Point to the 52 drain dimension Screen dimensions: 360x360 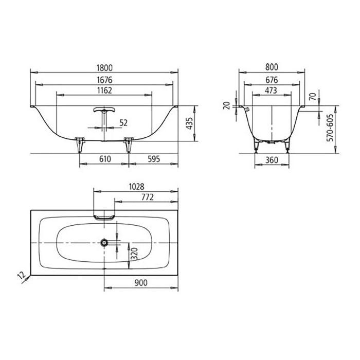tap(123, 122)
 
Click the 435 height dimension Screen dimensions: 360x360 tap(190, 123)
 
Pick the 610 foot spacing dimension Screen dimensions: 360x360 tap(105, 160)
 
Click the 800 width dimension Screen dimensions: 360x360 tap(272, 67)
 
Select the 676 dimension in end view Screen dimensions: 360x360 tap(272, 80)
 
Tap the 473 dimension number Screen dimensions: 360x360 tap(272, 91)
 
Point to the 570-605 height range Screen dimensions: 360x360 tap(330, 128)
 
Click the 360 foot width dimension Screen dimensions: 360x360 tap(272, 160)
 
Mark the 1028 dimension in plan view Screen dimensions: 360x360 tap(135, 187)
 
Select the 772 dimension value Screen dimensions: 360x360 tap(146, 197)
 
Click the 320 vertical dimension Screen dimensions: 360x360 tap(134, 254)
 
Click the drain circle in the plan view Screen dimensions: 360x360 tap(104, 241)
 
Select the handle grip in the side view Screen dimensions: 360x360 tap(104, 110)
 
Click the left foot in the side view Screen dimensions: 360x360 tap(79, 145)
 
